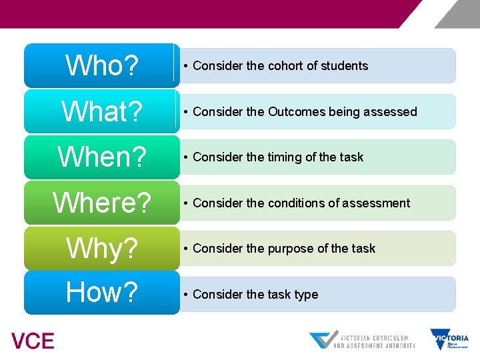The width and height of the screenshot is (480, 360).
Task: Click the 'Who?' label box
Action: [101, 65]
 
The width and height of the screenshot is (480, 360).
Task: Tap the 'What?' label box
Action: [101, 111]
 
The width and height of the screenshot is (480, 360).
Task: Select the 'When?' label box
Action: [101, 157]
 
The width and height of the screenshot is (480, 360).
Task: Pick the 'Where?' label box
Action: [101, 203]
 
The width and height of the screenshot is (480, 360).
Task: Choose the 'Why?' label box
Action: [101, 249]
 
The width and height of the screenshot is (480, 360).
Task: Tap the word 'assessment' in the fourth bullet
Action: [379, 203]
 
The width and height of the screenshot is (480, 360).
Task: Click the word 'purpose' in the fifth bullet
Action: [291, 249]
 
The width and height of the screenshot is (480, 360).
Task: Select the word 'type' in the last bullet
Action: [306, 295]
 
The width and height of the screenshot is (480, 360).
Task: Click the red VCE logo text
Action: [33, 341]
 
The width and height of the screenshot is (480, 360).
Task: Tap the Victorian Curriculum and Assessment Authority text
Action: [374, 341]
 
